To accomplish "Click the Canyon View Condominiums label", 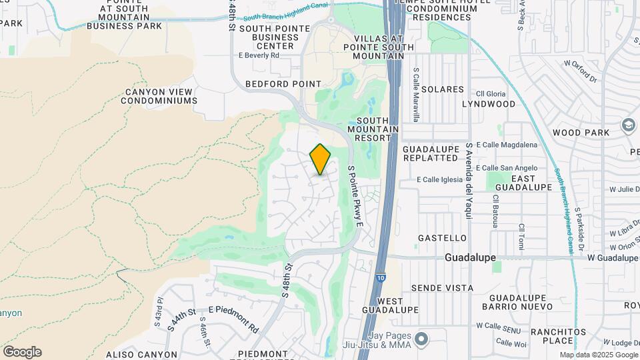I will point(159,96).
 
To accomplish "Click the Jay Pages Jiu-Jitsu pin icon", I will point(421,339).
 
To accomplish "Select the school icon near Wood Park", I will point(628,125).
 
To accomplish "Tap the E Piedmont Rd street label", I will point(233,319).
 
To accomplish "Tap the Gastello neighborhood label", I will point(442,238).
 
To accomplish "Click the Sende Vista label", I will point(442,288).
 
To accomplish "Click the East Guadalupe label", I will point(532,183).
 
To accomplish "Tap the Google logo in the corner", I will point(22,352).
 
